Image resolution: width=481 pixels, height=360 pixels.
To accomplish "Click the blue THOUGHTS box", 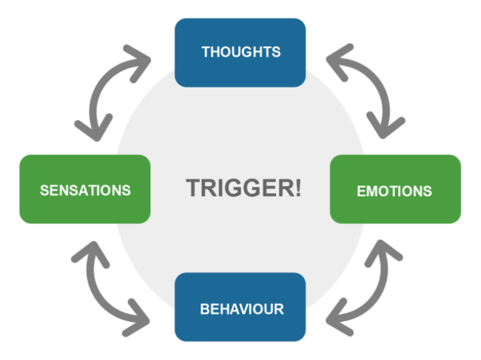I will click(240, 52).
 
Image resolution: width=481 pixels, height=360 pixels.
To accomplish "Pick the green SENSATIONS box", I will click(85, 189).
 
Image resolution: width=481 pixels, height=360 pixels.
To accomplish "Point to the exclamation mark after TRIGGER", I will click(297, 188).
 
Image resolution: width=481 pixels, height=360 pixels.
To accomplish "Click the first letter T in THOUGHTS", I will click(206, 52).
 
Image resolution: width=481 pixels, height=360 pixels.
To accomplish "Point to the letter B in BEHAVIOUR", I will click(204, 309).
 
